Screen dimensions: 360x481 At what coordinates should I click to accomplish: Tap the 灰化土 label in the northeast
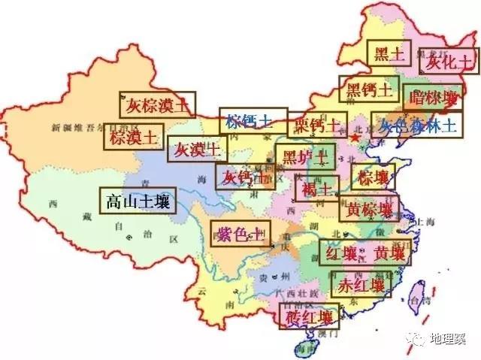coord(449,62)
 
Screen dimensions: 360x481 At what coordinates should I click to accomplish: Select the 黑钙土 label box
coord(368,90)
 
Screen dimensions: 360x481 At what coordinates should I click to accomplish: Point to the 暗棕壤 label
coord(431,97)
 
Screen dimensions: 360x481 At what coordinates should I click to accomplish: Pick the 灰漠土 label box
coord(194,150)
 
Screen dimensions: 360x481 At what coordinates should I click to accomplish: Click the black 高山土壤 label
coord(138,201)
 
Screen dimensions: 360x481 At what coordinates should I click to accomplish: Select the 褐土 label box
coord(316,187)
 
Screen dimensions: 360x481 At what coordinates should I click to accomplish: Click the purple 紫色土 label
coord(238,234)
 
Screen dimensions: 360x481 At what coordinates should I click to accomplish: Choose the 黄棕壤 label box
coord(369,209)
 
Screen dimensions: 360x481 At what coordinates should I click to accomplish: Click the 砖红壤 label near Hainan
coord(308,316)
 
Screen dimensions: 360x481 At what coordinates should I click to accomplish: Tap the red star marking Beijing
coord(355,138)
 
